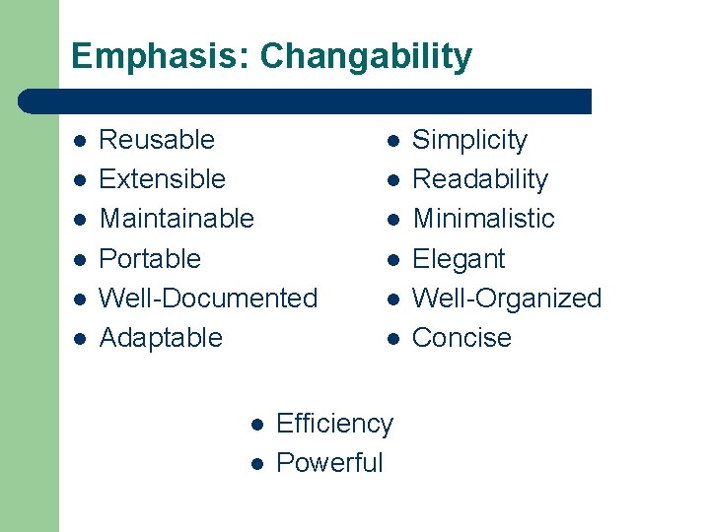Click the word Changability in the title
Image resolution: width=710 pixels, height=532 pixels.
[366, 56]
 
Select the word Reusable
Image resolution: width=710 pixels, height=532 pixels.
[157, 140]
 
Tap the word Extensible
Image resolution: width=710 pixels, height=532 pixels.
[163, 179]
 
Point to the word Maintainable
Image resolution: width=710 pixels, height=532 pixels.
[177, 219]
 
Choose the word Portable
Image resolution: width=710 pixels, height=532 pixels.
[150, 259]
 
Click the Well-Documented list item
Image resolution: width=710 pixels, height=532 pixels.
[208, 299]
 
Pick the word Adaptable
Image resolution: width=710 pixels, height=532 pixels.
[161, 338]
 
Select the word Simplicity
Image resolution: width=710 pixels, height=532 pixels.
[469, 141]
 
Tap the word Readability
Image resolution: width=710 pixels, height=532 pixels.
[479, 179]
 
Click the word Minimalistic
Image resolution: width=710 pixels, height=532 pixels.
[483, 219]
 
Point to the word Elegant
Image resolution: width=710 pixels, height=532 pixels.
[458, 259]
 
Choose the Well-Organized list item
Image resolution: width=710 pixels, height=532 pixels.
[506, 299]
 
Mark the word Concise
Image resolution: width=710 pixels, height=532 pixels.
[461, 338]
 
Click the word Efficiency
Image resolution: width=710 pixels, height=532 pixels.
[334, 424]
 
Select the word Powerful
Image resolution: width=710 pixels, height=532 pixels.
[329, 463]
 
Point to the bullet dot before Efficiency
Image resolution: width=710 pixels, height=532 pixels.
[254, 425]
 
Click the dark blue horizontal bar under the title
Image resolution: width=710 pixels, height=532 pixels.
[306, 101]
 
